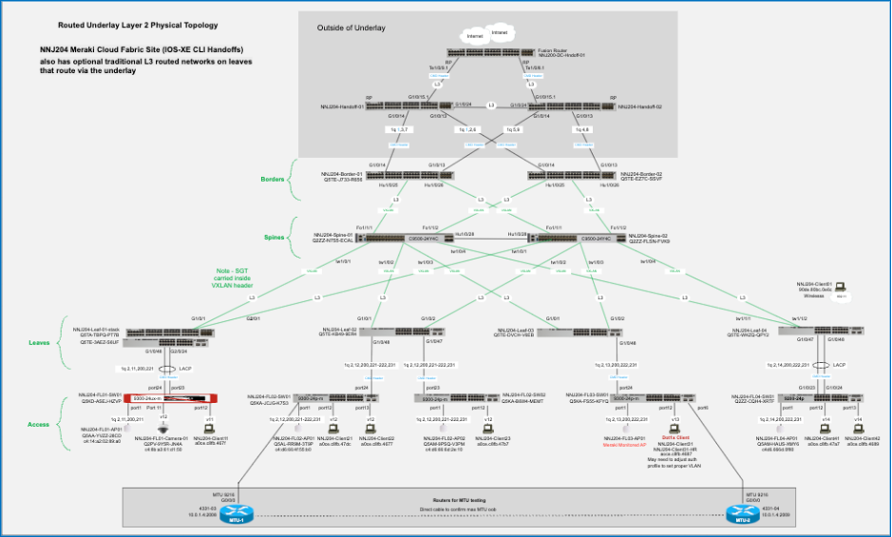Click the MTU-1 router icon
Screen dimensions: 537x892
225,514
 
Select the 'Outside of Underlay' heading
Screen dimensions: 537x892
351,28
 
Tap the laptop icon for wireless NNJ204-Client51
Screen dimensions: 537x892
841,287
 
